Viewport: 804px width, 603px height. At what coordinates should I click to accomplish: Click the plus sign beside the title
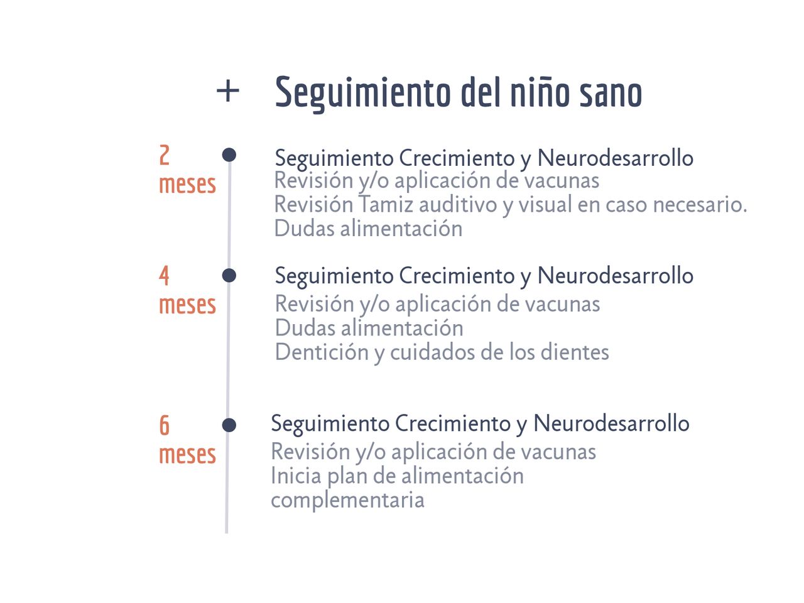(x=227, y=92)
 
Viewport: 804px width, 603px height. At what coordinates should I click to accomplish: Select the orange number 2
(x=165, y=155)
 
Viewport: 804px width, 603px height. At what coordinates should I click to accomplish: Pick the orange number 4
(x=164, y=276)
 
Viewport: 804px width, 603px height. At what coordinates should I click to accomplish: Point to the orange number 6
(x=165, y=426)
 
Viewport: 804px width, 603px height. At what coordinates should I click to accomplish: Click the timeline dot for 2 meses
(x=229, y=155)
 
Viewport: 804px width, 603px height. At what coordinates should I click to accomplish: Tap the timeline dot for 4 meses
(x=229, y=275)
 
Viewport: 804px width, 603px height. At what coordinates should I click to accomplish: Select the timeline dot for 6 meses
(x=229, y=425)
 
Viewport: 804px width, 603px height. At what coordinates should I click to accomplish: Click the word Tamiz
(x=386, y=205)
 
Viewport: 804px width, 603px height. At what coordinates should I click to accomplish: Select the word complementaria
(x=347, y=500)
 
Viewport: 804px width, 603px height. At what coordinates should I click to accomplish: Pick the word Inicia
(x=296, y=476)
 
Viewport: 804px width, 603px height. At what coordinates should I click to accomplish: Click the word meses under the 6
(x=187, y=454)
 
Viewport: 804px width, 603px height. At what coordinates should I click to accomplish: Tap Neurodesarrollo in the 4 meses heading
(x=615, y=276)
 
